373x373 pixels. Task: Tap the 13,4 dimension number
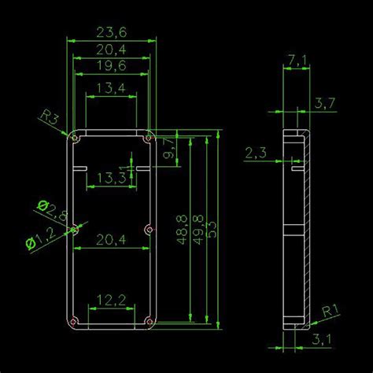click(x=110, y=88)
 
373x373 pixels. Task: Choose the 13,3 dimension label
click(x=110, y=179)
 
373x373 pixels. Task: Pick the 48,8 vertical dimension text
click(x=183, y=228)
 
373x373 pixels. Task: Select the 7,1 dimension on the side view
click(x=297, y=61)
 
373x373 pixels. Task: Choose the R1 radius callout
click(x=331, y=311)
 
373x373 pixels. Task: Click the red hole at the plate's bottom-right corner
click(x=149, y=321)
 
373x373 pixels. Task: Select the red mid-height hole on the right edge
click(x=149, y=230)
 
